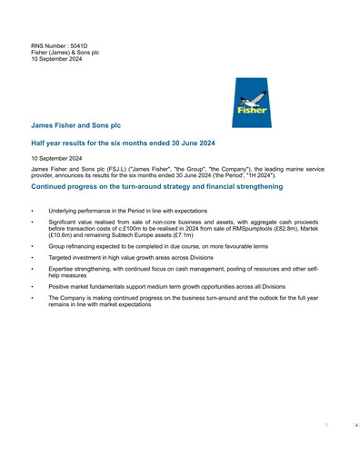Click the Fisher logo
pyautogui.click(x=251, y=103)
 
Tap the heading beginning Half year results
pyautogui.click(x=123, y=143)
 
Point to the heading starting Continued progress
pyautogui.click(x=156, y=186)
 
